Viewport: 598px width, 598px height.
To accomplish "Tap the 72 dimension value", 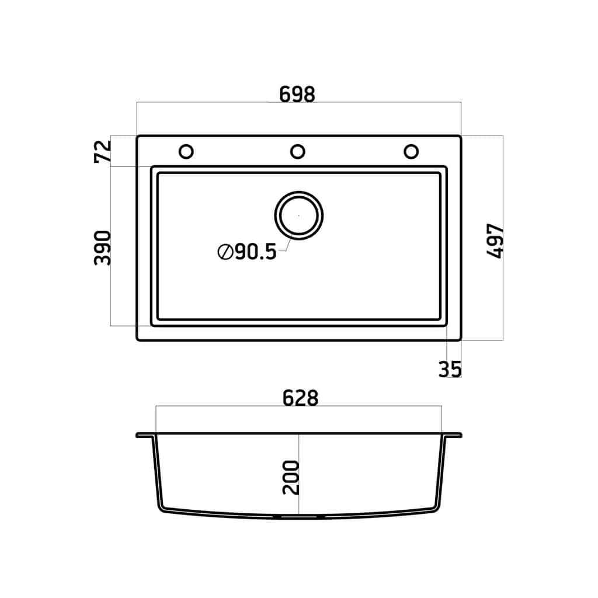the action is pyautogui.click(x=103, y=152).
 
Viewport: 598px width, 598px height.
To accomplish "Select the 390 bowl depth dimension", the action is pyautogui.click(x=103, y=248).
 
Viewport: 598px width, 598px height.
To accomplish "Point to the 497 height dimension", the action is pyautogui.click(x=495, y=241).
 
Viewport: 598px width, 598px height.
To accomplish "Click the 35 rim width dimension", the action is pyautogui.click(x=450, y=369).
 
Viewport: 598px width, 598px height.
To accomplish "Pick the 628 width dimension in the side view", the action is pyautogui.click(x=300, y=398).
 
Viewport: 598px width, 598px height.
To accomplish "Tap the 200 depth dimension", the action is pyautogui.click(x=291, y=478).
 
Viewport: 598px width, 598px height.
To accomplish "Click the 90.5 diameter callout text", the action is pyautogui.click(x=256, y=252).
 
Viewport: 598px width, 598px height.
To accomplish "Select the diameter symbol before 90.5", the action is pyautogui.click(x=225, y=252).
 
